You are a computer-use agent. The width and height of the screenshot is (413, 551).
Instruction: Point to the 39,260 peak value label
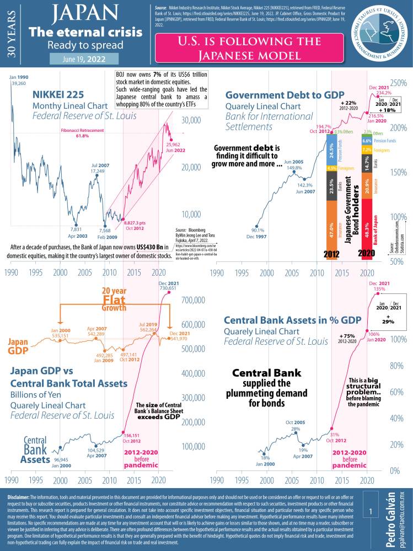pos(19,83)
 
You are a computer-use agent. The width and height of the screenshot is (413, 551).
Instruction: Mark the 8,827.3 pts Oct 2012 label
pos(136,223)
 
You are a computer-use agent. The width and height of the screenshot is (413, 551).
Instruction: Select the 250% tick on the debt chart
pos(399,83)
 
